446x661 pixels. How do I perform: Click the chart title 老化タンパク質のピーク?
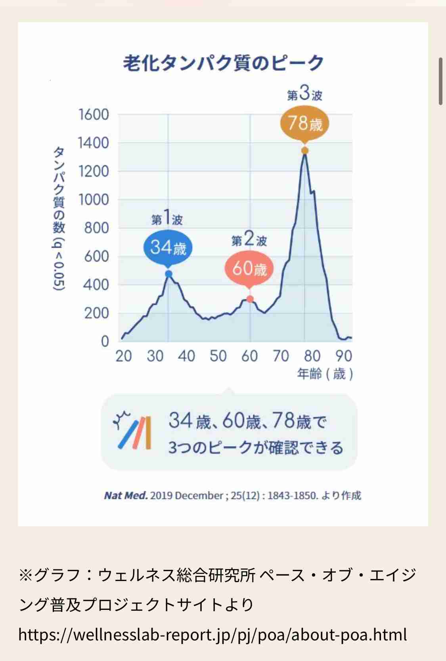coord(223,63)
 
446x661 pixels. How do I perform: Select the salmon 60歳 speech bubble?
coord(249,269)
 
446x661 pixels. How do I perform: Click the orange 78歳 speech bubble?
coord(305,123)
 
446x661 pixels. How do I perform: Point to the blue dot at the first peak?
coord(168,274)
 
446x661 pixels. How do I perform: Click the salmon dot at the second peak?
coord(250,299)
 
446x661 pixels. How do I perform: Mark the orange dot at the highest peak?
coord(304,151)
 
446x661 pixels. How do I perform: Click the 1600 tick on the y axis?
coord(94,115)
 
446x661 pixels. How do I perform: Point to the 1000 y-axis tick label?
coord(94,200)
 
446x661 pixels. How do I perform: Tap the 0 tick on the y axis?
coord(105,341)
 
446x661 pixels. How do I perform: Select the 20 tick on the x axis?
coord(123,356)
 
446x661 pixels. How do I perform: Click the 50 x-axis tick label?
coord(218,356)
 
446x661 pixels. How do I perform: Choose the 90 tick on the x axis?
coord(344,356)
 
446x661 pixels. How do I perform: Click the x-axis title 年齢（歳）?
coord(325,374)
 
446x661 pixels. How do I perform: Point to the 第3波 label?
coord(304,94)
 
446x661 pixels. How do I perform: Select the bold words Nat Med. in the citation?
coord(126,496)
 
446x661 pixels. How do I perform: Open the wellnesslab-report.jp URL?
coord(212,635)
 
